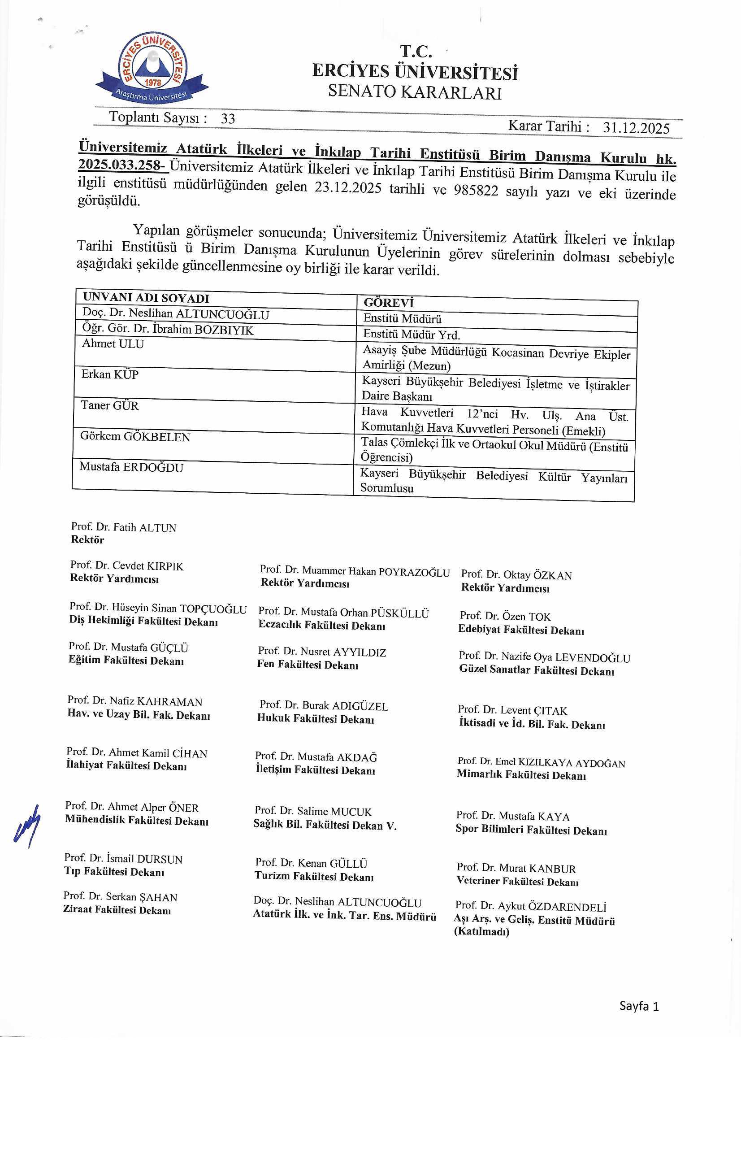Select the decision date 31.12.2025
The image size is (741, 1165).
click(637, 128)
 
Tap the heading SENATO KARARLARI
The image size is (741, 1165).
click(415, 92)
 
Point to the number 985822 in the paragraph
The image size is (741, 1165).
click(476, 190)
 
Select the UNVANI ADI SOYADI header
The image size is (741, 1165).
click(146, 298)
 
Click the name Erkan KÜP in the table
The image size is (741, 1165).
click(110, 374)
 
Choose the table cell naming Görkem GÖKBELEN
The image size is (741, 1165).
click(135, 437)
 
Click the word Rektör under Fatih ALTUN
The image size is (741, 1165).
click(87, 540)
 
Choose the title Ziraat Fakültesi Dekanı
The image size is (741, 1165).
click(117, 910)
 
